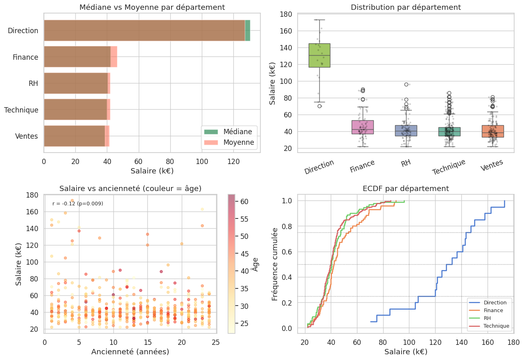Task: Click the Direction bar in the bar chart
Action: (x=145, y=30)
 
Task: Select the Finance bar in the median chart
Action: (x=78, y=57)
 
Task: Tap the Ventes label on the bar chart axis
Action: (x=27, y=136)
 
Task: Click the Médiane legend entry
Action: (x=240, y=132)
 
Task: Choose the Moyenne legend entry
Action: (x=239, y=143)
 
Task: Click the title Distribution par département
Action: (x=406, y=7)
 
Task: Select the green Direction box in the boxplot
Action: (x=319, y=55)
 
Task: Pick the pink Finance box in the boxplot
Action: (x=363, y=127)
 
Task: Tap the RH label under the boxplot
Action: (x=406, y=164)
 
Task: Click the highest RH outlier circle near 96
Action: (x=406, y=84)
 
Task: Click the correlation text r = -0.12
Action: (x=78, y=204)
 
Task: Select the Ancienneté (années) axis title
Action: (x=130, y=352)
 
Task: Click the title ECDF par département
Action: (x=406, y=189)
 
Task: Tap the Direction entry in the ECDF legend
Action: (x=495, y=303)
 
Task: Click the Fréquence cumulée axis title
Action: (x=275, y=264)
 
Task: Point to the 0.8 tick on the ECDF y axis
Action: (x=289, y=226)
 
